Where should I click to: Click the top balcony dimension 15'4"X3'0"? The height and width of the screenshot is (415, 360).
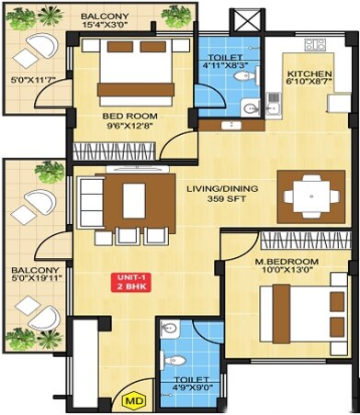click(x=103, y=22)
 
